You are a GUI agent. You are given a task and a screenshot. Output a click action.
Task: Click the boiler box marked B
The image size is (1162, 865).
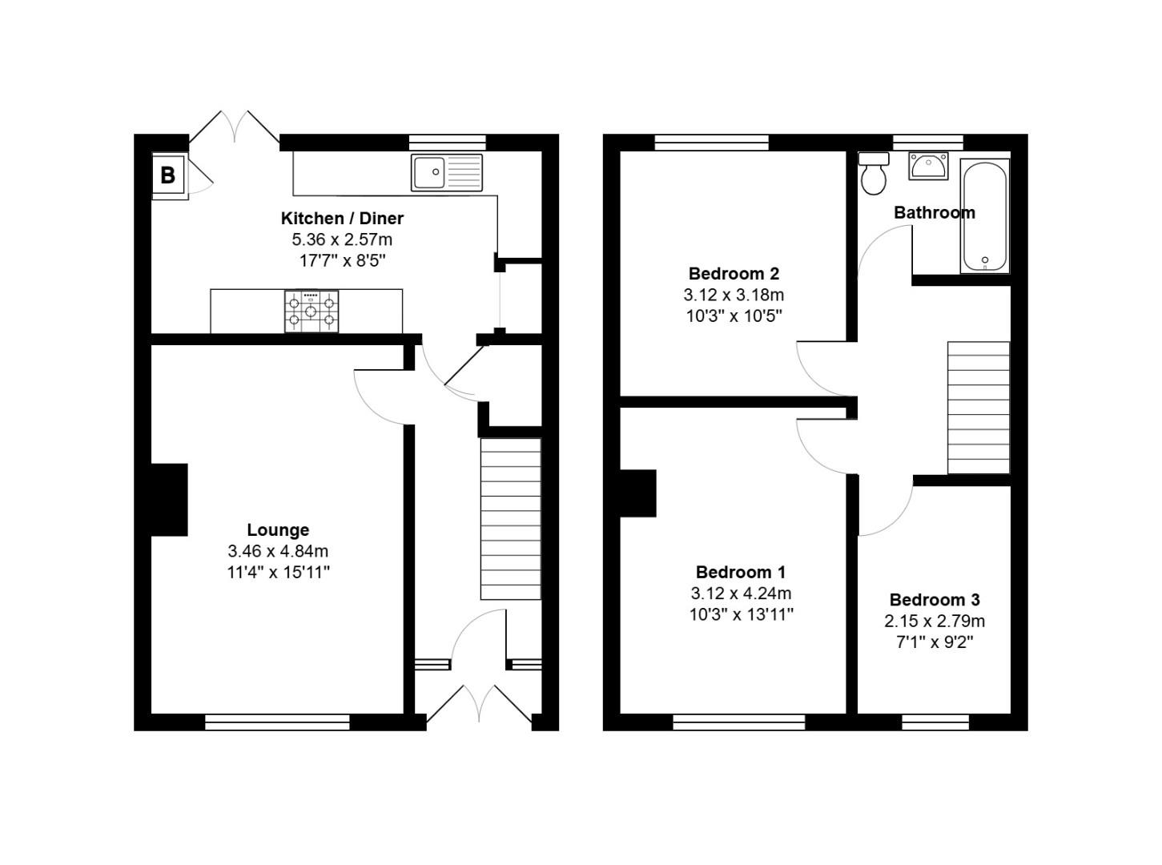coord(168,175)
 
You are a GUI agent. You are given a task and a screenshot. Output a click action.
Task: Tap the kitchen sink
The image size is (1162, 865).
coord(447,172)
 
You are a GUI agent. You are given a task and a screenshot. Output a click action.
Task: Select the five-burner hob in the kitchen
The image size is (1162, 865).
coord(311,311)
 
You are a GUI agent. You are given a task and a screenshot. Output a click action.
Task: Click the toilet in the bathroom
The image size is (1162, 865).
coord(873,174)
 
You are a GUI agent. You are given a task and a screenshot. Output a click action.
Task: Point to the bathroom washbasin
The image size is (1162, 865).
coord(927,166)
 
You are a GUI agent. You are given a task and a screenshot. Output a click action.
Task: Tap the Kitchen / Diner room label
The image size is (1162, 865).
coord(342,218)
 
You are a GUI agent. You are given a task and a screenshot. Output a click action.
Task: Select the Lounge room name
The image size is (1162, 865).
coord(278,529)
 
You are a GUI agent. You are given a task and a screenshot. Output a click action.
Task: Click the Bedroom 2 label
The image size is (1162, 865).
coord(734,273)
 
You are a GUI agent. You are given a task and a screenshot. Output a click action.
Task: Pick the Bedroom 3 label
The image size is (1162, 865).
coord(935,599)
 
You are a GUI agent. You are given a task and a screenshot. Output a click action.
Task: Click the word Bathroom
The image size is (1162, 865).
coord(934,212)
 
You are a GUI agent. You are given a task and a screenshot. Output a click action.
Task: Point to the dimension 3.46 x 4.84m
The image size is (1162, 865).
coord(278,551)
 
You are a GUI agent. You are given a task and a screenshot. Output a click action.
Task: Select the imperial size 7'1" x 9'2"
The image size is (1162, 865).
coord(935,642)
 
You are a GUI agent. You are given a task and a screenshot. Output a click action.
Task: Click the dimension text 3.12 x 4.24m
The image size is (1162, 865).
coord(741,593)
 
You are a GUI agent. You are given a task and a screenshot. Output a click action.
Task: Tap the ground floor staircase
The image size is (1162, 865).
coord(510,518)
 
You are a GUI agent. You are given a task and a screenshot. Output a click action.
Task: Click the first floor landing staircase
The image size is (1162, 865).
coord(979,408)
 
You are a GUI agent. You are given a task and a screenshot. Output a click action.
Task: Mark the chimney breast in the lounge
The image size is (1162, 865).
coord(169,499)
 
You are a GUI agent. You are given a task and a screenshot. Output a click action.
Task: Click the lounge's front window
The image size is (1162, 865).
coord(277,722)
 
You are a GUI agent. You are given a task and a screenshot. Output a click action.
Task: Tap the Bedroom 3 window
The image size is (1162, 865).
coord(935,722)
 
